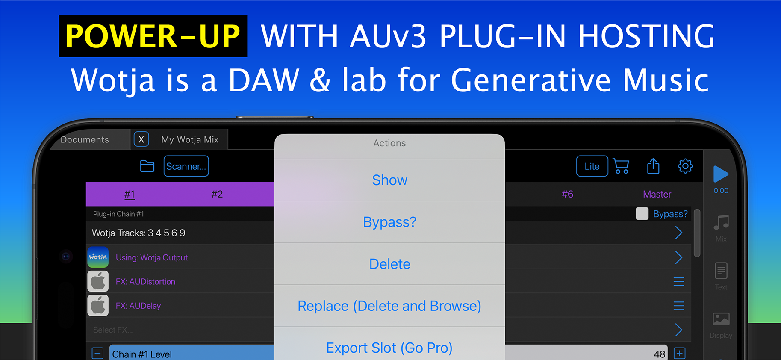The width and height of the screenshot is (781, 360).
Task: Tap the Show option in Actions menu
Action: coord(389,180)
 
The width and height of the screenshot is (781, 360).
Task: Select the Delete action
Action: coord(389,264)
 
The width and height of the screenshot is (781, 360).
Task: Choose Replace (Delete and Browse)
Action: coord(389,306)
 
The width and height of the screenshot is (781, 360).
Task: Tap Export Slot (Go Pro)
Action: coord(389,348)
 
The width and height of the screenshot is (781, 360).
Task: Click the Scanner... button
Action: coord(186,166)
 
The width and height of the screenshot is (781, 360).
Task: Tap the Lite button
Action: coord(592,166)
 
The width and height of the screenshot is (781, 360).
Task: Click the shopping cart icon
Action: coord(621,166)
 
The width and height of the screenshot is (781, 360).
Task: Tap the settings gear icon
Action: coord(685,166)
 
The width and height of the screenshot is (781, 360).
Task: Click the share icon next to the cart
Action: coord(653,166)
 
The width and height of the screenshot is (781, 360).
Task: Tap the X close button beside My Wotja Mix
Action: coord(141,139)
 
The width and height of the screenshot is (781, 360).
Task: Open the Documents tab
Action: coord(85,139)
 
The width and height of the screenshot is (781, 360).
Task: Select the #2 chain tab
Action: coord(217,194)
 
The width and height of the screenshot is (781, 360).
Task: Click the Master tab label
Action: coord(657,194)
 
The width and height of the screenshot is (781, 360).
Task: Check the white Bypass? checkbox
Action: coord(642,213)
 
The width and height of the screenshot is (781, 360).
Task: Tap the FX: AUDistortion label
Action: coord(145,282)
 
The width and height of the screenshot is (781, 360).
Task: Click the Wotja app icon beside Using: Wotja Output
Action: coord(98,257)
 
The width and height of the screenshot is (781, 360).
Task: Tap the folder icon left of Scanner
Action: coord(147,166)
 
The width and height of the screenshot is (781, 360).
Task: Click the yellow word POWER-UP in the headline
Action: coord(153,36)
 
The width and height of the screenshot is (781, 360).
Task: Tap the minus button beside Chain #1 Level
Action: coord(97,353)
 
